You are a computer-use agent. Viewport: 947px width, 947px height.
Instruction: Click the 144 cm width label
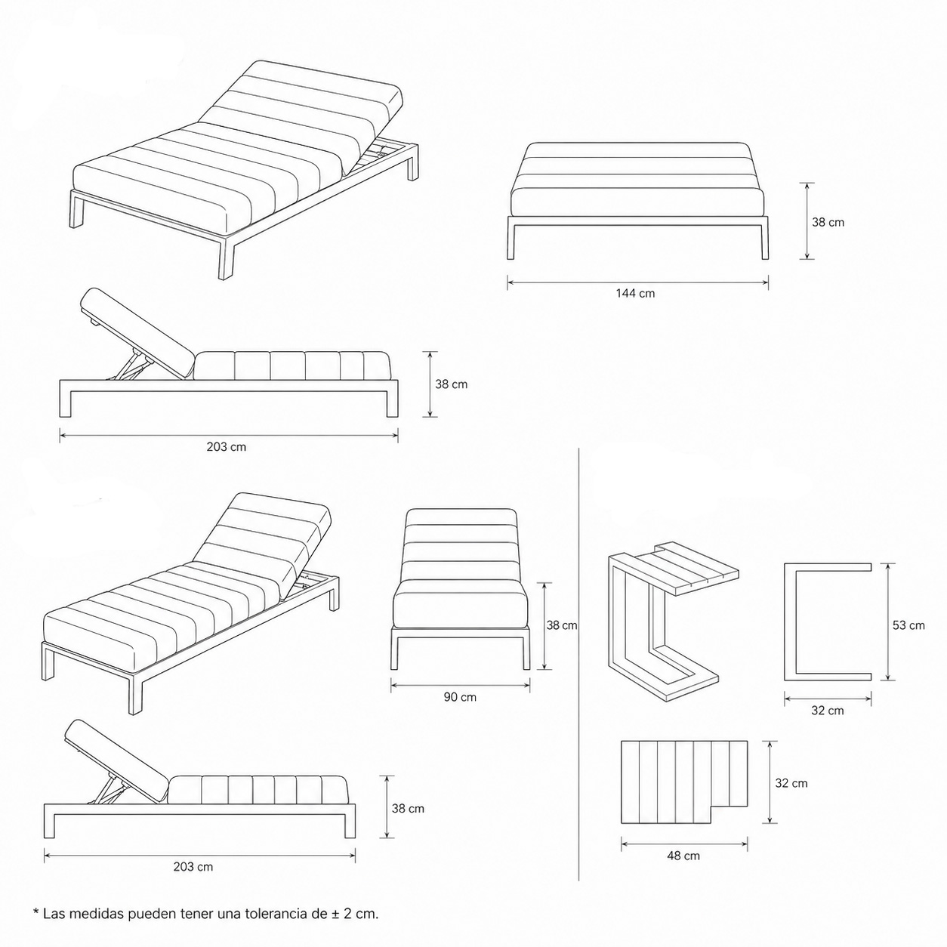[x=635, y=293]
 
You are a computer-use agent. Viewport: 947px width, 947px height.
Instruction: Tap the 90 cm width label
[x=460, y=697]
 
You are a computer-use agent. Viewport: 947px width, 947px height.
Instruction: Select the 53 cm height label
[x=908, y=625]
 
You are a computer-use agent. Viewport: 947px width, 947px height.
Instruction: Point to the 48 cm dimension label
[x=683, y=856]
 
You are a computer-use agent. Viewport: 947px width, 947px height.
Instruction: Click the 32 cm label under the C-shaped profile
[x=828, y=711]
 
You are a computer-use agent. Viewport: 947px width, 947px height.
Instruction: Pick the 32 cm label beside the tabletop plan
[x=791, y=783]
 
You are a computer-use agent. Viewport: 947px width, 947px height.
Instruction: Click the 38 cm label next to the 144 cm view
[x=828, y=222]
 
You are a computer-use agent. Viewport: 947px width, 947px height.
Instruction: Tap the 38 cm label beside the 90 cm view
[x=562, y=625]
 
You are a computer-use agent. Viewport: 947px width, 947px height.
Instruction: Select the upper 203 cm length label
[x=227, y=446]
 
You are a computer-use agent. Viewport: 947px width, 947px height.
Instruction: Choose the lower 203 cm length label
[x=193, y=867]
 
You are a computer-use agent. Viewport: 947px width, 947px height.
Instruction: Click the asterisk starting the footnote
[x=35, y=914]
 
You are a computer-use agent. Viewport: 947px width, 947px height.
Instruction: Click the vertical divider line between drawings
[x=578, y=665]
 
